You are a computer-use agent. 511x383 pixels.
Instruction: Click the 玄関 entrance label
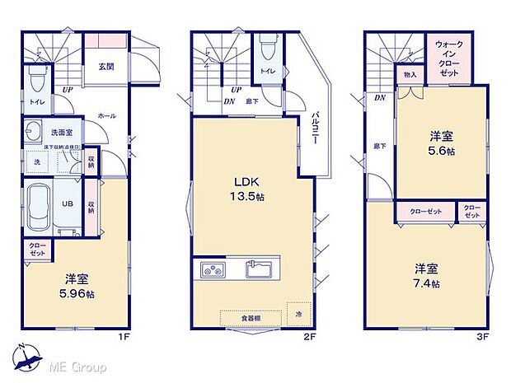(x=106, y=67)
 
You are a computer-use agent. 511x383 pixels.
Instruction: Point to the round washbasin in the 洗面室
(x=34, y=132)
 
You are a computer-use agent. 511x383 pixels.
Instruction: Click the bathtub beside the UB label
(x=39, y=205)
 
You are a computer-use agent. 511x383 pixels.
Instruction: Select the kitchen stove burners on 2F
(x=210, y=270)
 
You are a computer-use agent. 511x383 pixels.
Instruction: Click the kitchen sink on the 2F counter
(x=261, y=270)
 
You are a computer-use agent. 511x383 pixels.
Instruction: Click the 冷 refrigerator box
(x=298, y=314)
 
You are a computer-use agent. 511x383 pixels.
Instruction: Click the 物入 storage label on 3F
(x=410, y=75)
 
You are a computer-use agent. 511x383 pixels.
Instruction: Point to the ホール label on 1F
(x=106, y=116)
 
